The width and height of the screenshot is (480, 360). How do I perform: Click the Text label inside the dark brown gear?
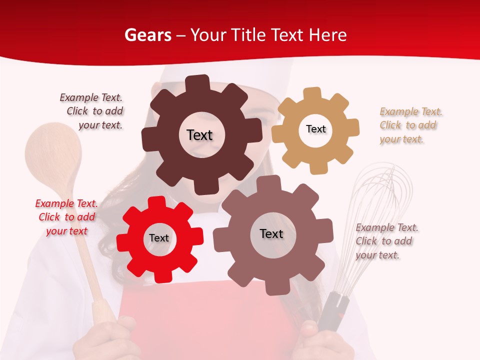199,135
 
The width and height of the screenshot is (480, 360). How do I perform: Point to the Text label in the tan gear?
315,129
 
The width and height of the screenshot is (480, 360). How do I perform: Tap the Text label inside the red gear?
159,238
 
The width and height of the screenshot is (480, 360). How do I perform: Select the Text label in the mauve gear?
271,233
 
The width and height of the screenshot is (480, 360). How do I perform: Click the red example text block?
66,217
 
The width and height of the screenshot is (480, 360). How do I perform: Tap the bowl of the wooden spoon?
53,155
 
